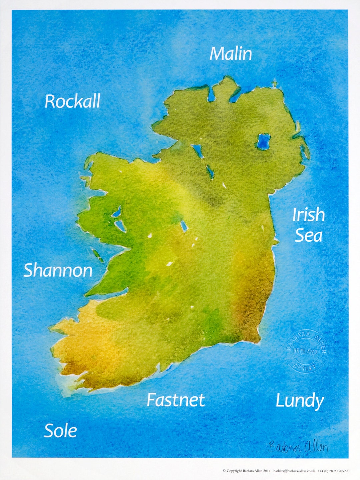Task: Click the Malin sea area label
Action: tap(231, 54)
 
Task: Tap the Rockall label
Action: tap(72, 101)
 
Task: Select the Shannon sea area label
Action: tap(58, 270)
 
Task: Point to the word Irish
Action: tap(308, 215)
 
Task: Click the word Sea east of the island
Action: tap(308, 235)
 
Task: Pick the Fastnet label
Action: tap(176, 400)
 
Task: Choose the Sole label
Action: tap(60, 431)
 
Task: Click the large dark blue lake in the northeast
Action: tap(263, 141)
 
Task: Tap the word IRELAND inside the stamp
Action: tap(306, 351)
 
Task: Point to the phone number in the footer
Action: tap(333, 471)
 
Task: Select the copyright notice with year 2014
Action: tap(246, 471)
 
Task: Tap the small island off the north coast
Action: tap(274, 84)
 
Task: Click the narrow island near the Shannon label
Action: tap(98, 255)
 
